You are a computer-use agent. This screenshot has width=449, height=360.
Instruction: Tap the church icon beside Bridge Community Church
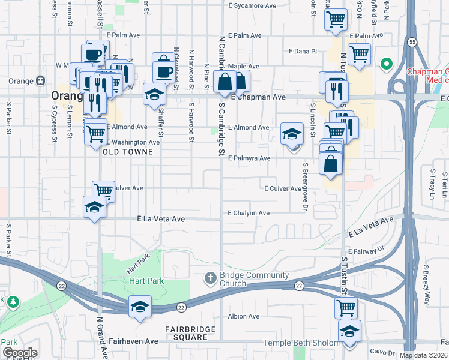[x=210, y=277]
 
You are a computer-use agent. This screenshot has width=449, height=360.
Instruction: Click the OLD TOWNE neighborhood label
[x=128, y=152]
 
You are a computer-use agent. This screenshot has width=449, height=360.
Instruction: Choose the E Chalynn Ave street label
[x=249, y=213]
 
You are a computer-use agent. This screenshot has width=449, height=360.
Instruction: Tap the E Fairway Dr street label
[x=365, y=250]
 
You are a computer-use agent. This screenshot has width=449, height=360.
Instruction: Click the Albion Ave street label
[x=243, y=316]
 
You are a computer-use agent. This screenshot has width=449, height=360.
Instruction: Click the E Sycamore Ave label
[x=253, y=5]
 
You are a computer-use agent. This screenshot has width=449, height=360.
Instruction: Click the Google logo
[x=20, y=353]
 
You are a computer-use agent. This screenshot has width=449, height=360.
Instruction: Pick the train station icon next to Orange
[x=41, y=81]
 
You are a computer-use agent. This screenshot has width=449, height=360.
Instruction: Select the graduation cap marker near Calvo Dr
[x=349, y=331]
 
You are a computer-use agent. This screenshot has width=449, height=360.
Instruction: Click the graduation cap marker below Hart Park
[x=140, y=306]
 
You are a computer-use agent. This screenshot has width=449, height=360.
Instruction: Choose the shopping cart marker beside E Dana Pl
[x=359, y=53]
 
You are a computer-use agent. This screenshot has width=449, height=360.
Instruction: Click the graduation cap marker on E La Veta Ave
[x=94, y=207]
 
